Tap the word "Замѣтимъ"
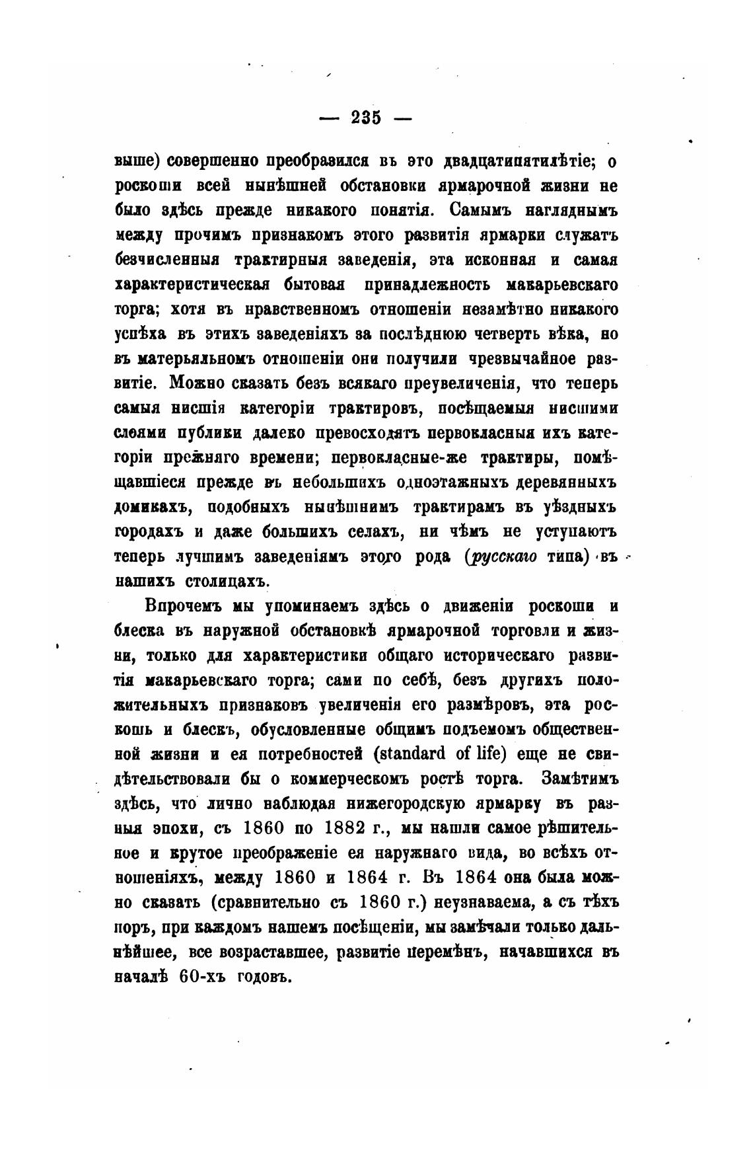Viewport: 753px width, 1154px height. pos(579,779)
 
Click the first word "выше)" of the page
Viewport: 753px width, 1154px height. pos(137,161)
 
